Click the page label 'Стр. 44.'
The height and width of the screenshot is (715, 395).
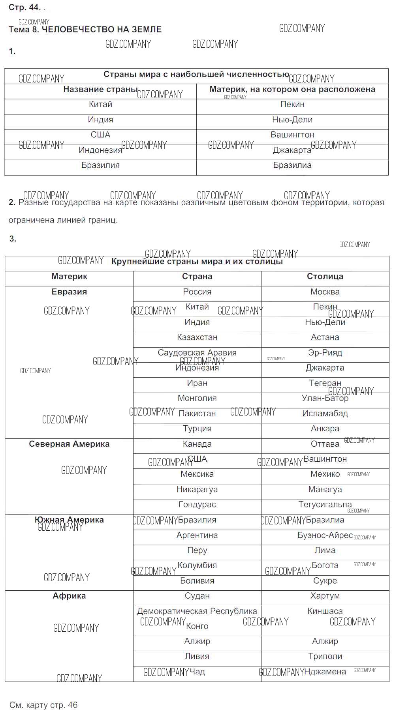click(24, 7)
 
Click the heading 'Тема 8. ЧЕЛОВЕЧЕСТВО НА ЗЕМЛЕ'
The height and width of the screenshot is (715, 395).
click(85, 30)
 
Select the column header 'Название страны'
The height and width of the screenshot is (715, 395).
click(100, 90)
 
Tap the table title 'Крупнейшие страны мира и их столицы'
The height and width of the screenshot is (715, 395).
click(197, 262)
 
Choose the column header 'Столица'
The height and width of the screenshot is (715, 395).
click(325, 277)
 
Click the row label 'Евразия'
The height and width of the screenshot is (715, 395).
click(69, 292)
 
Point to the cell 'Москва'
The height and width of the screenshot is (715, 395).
click(325, 292)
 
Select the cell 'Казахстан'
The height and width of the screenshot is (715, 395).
click(197, 337)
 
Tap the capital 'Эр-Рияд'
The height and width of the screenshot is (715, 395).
click(325, 353)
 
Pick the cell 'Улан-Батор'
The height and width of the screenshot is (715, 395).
click(325, 398)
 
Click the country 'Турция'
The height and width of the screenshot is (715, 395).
click(197, 429)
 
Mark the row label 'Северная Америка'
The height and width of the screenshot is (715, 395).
click(69, 444)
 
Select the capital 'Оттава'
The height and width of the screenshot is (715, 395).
click(325, 444)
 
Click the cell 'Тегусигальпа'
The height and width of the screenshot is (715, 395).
click(325, 505)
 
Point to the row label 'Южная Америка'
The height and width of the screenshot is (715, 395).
click(69, 520)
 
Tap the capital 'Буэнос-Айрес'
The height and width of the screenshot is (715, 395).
click(325, 535)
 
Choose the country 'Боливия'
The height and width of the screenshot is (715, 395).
click(197, 581)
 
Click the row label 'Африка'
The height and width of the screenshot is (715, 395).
click(69, 596)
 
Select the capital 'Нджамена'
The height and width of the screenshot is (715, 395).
click(325, 672)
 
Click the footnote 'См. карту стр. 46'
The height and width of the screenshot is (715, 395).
click(43, 705)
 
